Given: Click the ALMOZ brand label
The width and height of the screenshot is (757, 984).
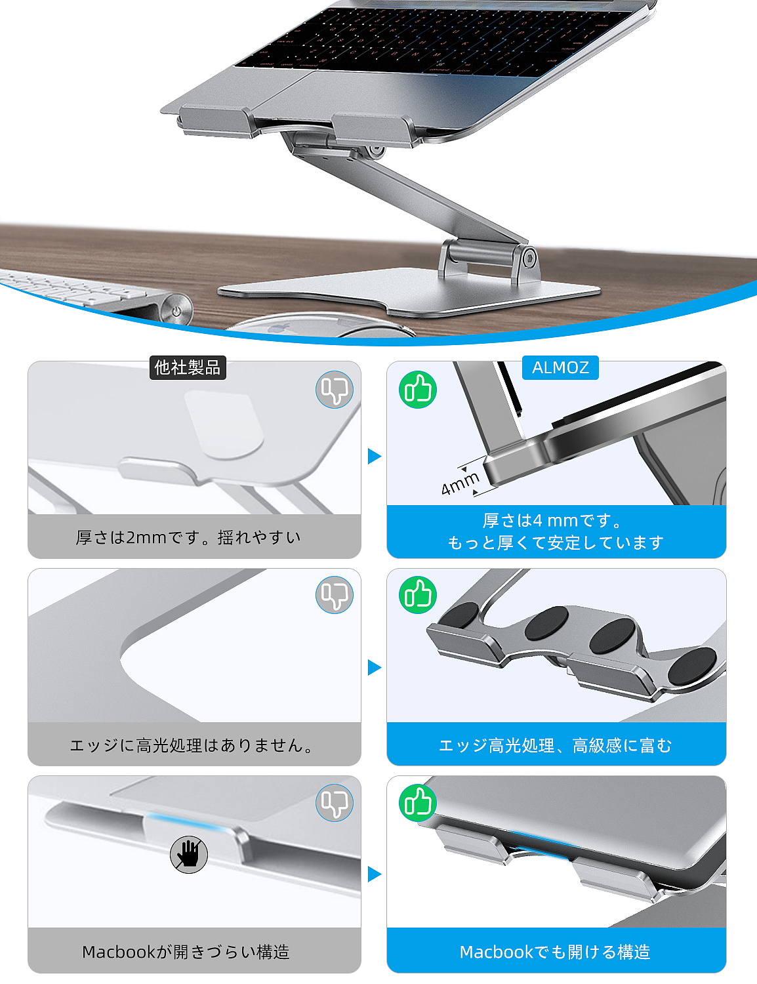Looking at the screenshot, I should coord(560,368).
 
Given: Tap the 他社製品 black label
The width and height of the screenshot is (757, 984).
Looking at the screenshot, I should coord(188,367).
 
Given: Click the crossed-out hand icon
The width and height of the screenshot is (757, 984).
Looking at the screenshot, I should coord(189,854).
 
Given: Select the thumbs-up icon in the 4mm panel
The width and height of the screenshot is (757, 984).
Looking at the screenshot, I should coord(418,390).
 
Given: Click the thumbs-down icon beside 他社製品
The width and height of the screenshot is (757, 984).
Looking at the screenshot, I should coord(335,390).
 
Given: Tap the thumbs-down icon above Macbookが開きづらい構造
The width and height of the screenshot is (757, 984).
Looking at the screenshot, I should coord(335,802).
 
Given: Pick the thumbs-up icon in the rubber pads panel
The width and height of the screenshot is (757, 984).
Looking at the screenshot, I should coord(418,595).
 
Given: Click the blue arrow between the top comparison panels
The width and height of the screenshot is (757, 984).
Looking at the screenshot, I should coord(375,456).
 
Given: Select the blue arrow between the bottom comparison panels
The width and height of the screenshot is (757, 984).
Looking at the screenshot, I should coord(375,874).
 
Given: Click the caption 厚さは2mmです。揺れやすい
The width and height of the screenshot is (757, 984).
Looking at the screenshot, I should coord(188,537).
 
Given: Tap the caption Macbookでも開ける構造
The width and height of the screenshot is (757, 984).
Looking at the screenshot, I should coord(555,951).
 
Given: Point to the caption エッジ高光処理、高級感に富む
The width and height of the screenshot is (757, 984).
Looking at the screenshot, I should coord(555,745).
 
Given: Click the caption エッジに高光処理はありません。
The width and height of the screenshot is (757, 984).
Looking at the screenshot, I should coord(192,745).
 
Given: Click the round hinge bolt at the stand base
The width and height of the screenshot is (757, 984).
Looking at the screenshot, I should coord(527,257).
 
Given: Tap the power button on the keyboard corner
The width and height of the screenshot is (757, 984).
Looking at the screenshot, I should coord(176,310).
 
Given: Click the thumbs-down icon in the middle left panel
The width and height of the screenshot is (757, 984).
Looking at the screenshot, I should coord(335,595).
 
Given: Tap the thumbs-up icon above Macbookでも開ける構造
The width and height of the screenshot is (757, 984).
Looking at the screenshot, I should coord(418,802).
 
